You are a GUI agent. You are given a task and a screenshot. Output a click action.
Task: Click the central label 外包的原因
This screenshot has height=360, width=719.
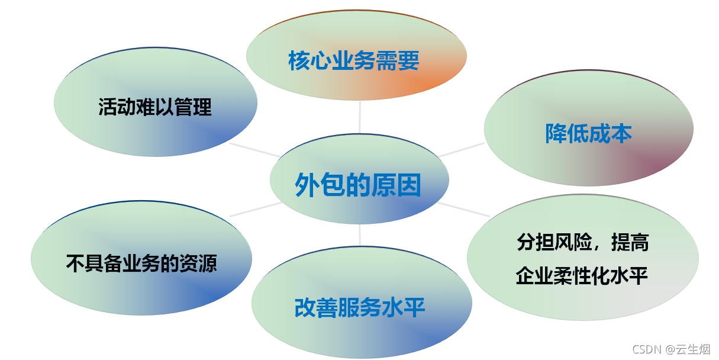tap(358, 186)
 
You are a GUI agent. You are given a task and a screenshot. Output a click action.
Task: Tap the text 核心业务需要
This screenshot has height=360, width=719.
tap(354, 60)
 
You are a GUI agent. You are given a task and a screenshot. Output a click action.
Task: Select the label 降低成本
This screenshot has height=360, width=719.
tap(588, 134)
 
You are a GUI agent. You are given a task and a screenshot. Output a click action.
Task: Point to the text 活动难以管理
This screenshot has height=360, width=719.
tap(154, 107)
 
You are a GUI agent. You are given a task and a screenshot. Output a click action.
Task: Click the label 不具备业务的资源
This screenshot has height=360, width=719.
tap(141, 263)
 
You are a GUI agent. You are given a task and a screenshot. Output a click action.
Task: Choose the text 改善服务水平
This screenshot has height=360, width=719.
tap(360, 308)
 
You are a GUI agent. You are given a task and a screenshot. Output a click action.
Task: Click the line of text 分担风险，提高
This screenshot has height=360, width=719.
tap(583, 242)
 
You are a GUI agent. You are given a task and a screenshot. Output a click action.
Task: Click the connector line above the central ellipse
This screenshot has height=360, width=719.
tap(360, 117)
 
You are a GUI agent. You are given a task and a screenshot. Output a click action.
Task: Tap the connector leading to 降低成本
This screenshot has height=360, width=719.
tap(462, 149)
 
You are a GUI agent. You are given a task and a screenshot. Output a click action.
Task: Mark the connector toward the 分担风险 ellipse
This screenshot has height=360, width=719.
tap(464, 209)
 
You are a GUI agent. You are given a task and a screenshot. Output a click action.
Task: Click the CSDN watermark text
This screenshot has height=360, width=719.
tap(646, 349)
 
